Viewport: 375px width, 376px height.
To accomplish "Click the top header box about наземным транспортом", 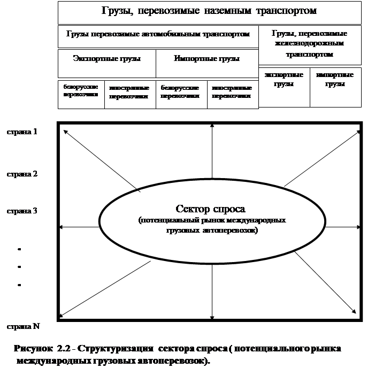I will [209, 11].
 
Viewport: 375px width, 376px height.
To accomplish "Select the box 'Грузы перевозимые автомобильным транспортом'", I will [158, 34].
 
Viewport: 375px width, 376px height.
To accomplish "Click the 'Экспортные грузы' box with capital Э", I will [106, 58].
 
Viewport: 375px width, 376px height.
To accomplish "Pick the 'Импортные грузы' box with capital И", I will [206, 58].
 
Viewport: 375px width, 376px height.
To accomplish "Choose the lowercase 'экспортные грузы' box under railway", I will [284, 80].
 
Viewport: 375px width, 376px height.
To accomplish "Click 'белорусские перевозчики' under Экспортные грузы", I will [81, 91].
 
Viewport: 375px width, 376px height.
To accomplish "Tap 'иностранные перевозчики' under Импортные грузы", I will [232, 91].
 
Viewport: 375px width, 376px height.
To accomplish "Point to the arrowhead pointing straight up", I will [213, 126].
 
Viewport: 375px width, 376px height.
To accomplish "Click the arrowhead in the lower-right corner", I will [354, 310].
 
